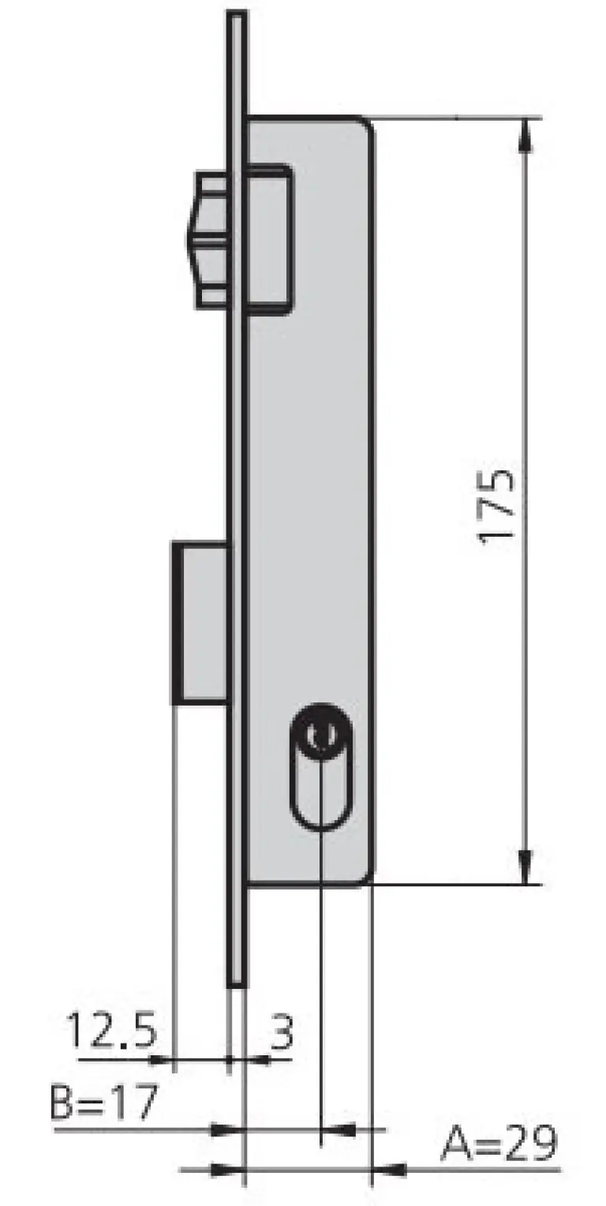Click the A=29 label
click(x=499, y=1143)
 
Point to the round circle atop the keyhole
click(x=321, y=733)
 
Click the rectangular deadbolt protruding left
click(x=200, y=623)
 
